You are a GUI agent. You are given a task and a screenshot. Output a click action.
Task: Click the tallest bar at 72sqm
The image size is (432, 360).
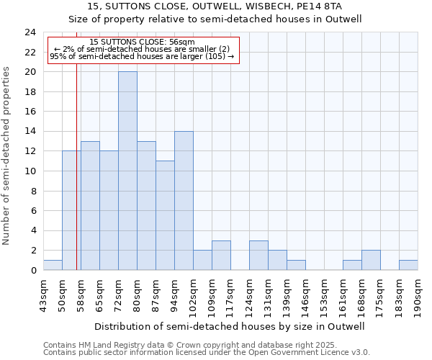(127, 171)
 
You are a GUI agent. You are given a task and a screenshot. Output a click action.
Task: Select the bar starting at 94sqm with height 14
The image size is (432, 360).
(184, 200)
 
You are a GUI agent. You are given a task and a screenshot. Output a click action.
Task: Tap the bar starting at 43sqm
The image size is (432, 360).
(53, 265)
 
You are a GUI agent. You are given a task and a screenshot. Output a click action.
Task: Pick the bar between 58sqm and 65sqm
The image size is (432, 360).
(90, 205)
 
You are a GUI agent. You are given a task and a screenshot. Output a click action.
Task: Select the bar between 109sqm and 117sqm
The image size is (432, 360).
(221, 255)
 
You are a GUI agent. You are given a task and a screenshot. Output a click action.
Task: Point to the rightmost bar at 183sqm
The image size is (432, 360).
(408, 265)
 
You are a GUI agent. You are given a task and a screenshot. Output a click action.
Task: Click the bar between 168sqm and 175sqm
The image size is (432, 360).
(371, 260)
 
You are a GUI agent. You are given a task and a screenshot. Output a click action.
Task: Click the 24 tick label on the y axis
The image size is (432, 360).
(30, 32)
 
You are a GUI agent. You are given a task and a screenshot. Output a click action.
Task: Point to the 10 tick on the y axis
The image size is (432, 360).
(30, 171)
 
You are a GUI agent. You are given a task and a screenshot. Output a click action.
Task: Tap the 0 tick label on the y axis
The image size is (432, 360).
(33, 271)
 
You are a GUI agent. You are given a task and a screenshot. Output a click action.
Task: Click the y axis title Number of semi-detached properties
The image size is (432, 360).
(7, 156)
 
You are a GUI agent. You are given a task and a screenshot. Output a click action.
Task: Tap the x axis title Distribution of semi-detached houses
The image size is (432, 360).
(230, 326)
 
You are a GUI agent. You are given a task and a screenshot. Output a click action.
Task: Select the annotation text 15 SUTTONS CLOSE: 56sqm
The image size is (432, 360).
(142, 42)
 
